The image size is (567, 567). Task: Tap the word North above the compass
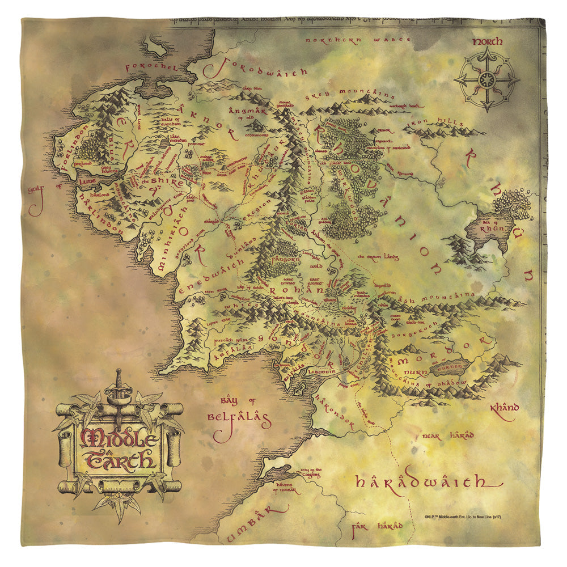click(488, 42)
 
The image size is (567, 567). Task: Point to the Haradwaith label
click(420, 482)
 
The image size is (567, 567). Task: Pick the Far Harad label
click(376, 526)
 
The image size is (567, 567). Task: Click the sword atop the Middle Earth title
click(118, 391)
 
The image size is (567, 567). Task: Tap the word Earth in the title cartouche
click(120, 458)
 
